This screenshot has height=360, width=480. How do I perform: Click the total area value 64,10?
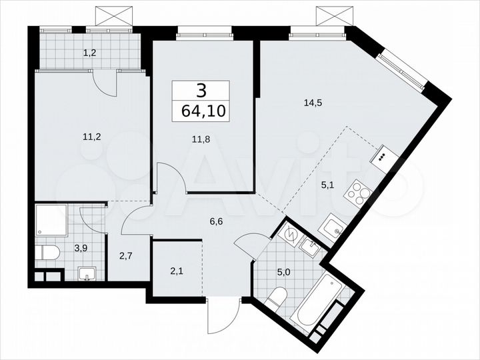(x=201, y=110)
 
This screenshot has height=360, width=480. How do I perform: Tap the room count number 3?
(x=201, y=90)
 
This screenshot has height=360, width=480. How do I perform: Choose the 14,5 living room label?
(x=311, y=102)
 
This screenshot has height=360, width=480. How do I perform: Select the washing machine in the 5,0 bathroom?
(x=291, y=233)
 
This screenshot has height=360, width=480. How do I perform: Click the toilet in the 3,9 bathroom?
(x=47, y=253)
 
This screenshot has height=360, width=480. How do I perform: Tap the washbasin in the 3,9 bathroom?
(x=85, y=274)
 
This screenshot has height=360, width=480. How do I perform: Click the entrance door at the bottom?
(x=220, y=317)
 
